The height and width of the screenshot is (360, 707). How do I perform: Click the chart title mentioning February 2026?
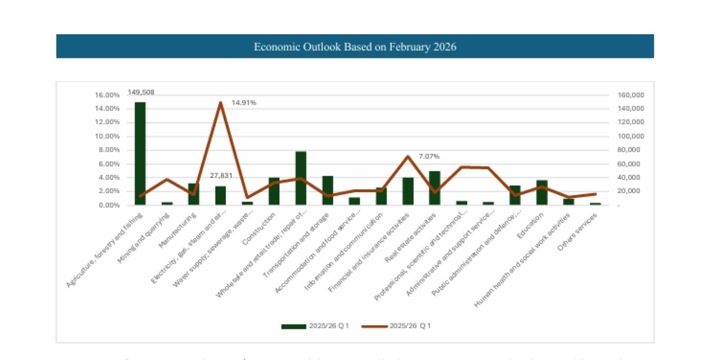[x=355, y=47]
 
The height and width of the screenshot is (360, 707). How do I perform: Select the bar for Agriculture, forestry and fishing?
[x=140, y=153]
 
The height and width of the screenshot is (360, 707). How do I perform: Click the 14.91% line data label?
[x=244, y=103]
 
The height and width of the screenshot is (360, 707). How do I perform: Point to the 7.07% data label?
[x=429, y=156]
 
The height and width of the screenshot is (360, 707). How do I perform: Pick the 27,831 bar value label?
[x=222, y=176]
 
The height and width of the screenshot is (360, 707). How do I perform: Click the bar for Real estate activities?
[x=435, y=188]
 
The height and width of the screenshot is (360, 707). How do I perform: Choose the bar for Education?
[x=542, y=193]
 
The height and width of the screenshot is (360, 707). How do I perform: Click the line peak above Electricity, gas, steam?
[x=220, y=103]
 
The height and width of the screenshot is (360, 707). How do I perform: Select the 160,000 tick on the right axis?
[x=631, y=95]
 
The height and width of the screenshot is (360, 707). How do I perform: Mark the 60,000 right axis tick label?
[x=631, y=164]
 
